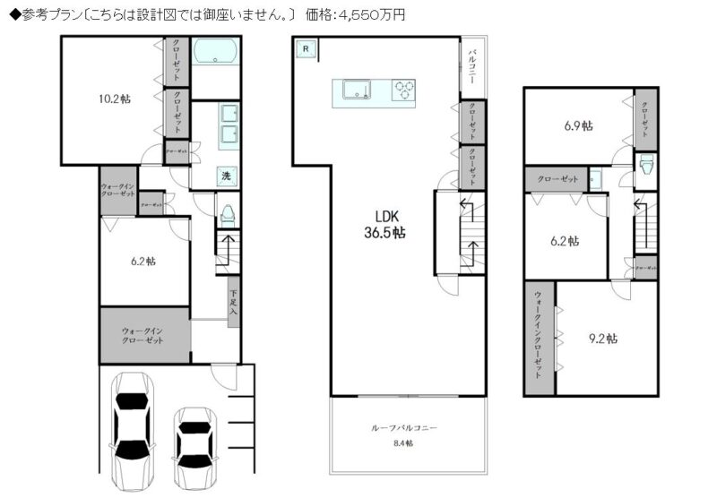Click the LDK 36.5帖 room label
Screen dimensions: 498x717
pos(388,223)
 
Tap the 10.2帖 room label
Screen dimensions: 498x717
pos(114,99)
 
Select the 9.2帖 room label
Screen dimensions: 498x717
pos(602,339)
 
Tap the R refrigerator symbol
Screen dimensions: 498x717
pos(306,48)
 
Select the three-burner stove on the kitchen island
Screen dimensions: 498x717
pos(404,90)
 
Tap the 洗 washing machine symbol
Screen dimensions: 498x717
pos(228,176)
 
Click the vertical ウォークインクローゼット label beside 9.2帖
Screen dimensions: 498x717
pos(538,336)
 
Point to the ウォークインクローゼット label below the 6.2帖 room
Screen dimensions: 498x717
pos(143,336)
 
